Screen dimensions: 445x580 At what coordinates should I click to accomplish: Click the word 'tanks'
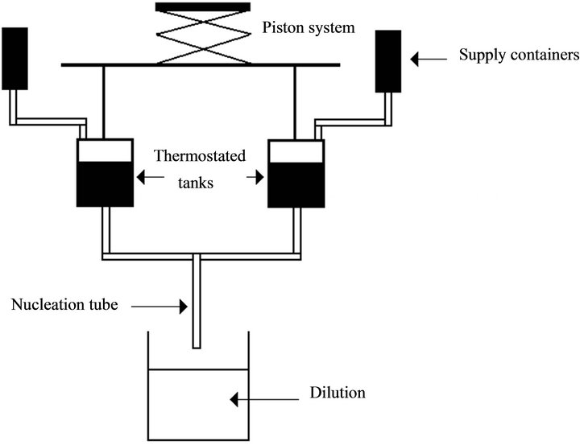197,184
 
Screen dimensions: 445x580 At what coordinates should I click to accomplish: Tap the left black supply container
14,57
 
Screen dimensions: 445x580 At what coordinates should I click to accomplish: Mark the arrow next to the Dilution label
250,397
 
